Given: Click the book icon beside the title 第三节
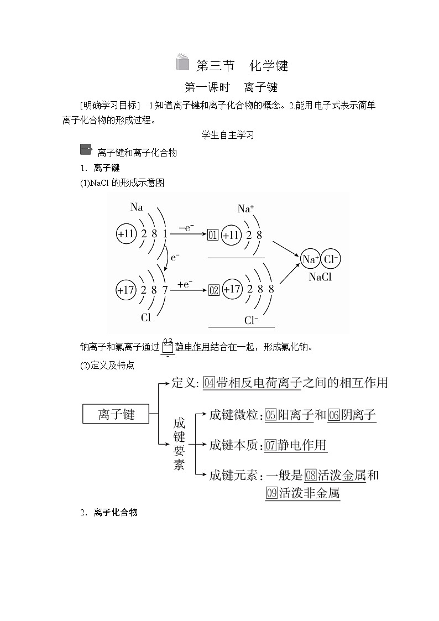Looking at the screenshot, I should (183, 64).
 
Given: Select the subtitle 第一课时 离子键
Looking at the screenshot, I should (230, 87).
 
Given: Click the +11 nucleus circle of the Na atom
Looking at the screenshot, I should (127, 234).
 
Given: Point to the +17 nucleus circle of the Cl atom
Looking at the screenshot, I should (127, 289).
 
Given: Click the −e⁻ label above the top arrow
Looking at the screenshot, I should (186, 227).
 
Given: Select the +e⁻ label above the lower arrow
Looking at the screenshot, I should (185, 284).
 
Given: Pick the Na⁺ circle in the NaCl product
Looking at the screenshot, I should (311, 259).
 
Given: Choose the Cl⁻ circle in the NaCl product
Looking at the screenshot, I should (331, 259).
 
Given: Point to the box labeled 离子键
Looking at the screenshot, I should (116, 414).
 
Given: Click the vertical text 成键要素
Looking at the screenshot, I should (179, 443).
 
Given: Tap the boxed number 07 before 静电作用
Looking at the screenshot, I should (270, 445).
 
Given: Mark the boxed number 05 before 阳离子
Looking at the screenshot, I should (270, 415).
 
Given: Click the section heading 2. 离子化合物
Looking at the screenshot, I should (108, 513).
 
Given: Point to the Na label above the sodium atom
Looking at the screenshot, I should (137, 207).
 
